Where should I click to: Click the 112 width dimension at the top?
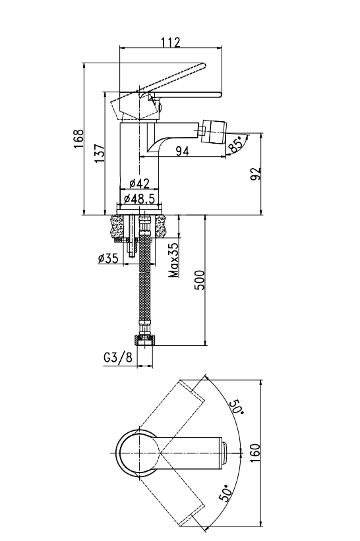(x=171, y=42)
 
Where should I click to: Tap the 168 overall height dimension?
(x=78, y=139)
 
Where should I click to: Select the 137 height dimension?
(x=100, y=154)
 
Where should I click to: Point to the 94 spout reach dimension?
(x=183, y=151)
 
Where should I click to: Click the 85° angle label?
(x=236, y=145)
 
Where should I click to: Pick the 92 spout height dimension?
(x=256, y=174)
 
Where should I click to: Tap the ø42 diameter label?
(x=139, y=184)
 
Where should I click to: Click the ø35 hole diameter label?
(x=108, y=258)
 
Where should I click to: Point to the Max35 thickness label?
(x=175, y=260)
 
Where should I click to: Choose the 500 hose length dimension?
(x=200, y=281)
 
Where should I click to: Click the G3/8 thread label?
(x=118, y=357)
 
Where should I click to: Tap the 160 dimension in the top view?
(x=255, y=453)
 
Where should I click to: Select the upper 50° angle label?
(x=237, y=407)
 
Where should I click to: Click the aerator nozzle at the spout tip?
(x=214, y=131)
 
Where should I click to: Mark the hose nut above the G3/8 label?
(x=145, y=339)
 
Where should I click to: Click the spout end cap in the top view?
(x=224, y=453)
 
